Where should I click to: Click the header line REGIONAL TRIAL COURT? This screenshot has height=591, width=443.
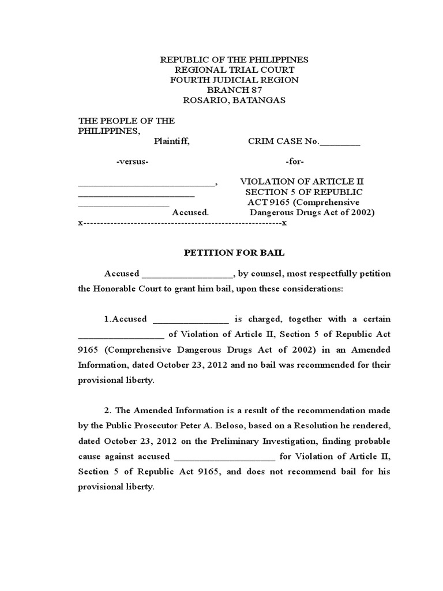click(x=234, y=70)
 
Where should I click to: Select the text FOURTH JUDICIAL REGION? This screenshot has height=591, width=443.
click(x=234, y=80)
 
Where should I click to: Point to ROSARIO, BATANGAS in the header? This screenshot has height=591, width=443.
click(x=234, y=100)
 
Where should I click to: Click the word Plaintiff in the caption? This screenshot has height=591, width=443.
click(x=171, y=141)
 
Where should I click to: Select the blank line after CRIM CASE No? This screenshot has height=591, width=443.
click(x=340, y=142)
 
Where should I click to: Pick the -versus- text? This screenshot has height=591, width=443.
click(x=133, y=162)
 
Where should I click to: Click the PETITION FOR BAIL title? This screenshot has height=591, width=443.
click(x=234, y=253)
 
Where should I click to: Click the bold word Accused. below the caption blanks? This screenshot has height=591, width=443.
click(x=190, y=212)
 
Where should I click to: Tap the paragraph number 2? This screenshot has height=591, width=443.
click(x=107, y=410)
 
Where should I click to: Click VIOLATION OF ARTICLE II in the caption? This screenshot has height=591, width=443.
click(x=302, y=182)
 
